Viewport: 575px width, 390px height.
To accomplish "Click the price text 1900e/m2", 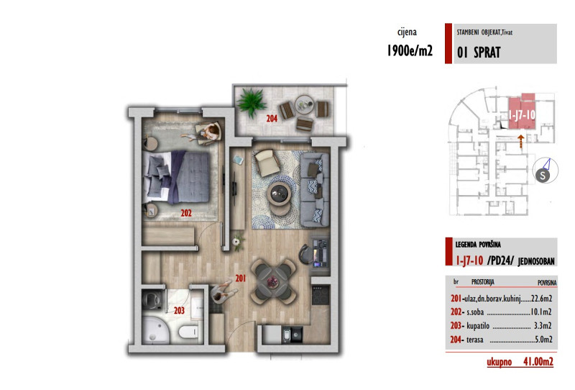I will [x=410, y=52].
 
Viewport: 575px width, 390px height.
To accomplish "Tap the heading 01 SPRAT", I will [x=479, y=52].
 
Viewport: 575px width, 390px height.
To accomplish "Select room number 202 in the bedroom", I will [x=186, y=213].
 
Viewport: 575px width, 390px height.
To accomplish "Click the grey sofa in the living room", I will [x=313, y=187].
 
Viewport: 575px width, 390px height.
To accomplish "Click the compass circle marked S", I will [x=545, y=174].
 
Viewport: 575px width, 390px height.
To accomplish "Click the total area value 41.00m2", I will [x=536, y=362].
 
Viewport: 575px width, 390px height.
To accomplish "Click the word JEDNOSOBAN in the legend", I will [x=533, y=259].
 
